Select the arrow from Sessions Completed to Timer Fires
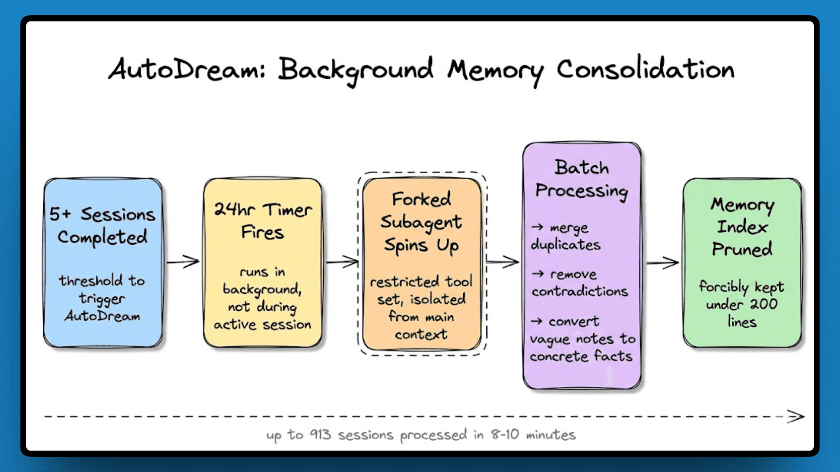coord(183,262)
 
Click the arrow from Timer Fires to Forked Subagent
coord(343,262)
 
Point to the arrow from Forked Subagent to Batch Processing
coord(503,262)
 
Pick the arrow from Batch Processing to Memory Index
coord(662,263)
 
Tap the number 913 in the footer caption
coord(320,434)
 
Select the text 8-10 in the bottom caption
coord(504,434)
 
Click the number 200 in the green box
coord(764,304)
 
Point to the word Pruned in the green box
coord(742,249)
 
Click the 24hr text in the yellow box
coord(234,210)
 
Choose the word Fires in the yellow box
coord(262,233)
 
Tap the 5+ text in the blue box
coord(60,214)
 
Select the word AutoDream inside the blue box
coord(102,316)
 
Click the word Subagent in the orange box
coord(421,222)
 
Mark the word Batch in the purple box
coord(581,168)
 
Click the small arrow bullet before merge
coord(537,227)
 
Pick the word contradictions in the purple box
coord(580,291)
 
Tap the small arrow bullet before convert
coord(536,322)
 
